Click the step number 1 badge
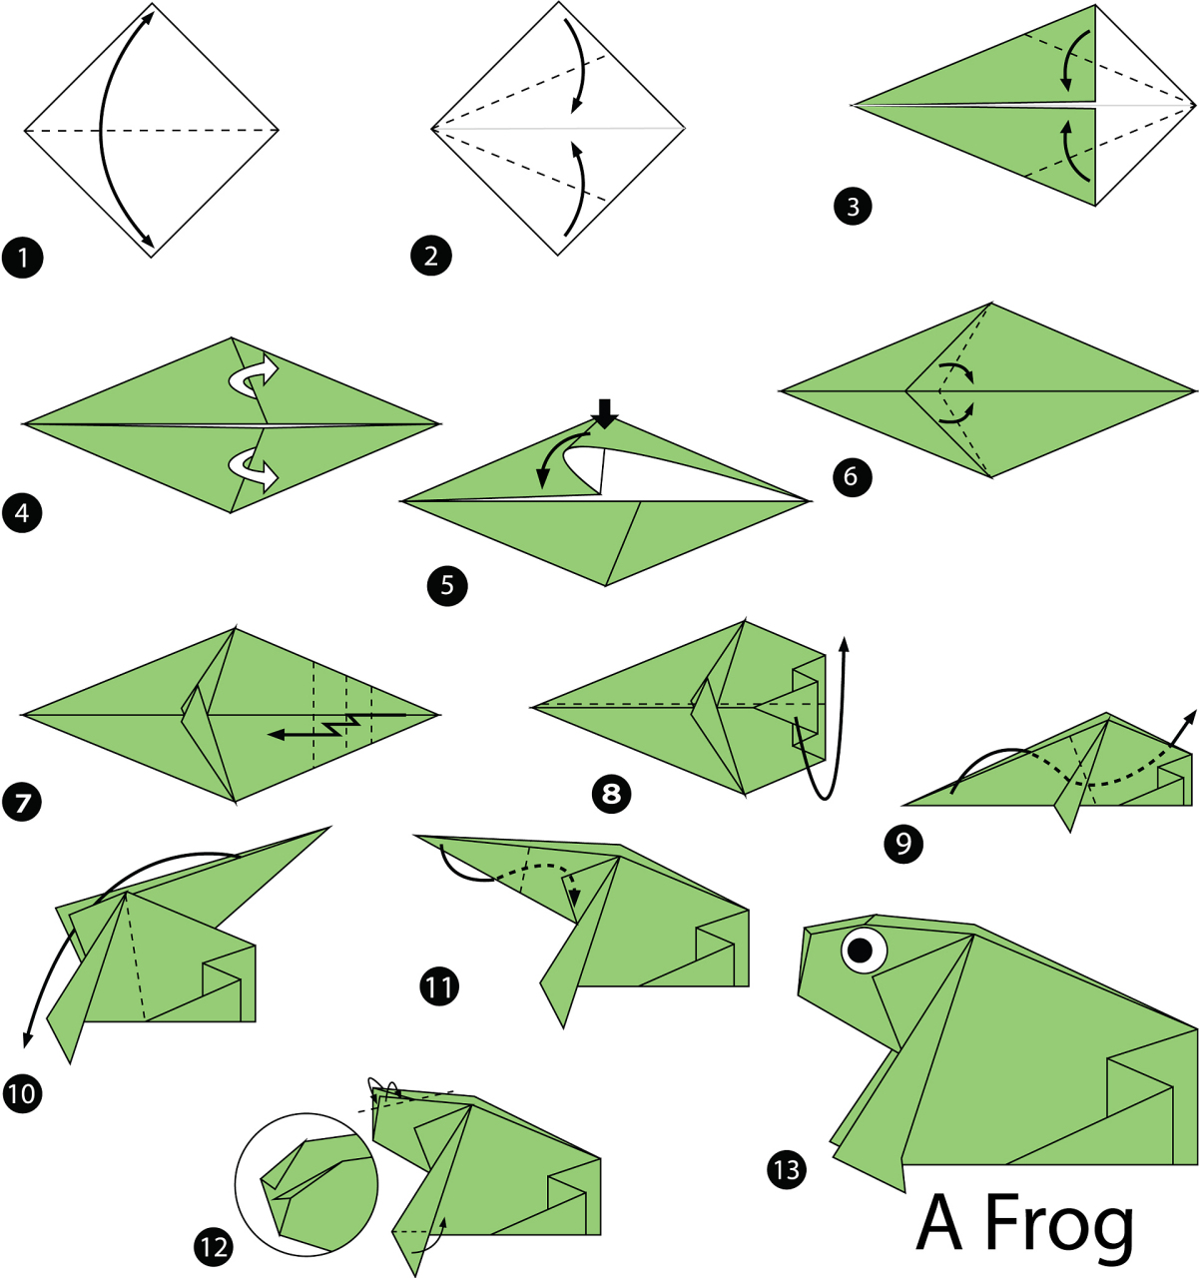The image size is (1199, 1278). tap(23, 258)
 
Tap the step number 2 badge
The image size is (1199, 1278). tap(431, 257)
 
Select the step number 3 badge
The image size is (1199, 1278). tap(854, 207)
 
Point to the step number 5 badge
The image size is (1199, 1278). tap(447, 586)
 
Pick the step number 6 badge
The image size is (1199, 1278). tap(853, 477)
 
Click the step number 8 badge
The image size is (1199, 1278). tap(611, 794)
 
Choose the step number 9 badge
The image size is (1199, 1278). tap(903, 844)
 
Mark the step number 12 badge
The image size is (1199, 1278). tap(214, 1248)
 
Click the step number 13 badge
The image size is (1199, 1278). tap(787, 1170)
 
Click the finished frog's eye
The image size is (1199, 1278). tap(864, 950)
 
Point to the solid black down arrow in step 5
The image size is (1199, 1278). tap(604, 413)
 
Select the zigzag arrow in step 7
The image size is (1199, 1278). tap(337, 725)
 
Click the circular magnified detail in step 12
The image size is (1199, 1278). tap(306, 1184)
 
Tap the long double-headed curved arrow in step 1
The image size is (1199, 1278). tap(102, 129)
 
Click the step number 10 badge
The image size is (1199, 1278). tap(23, 1092)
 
